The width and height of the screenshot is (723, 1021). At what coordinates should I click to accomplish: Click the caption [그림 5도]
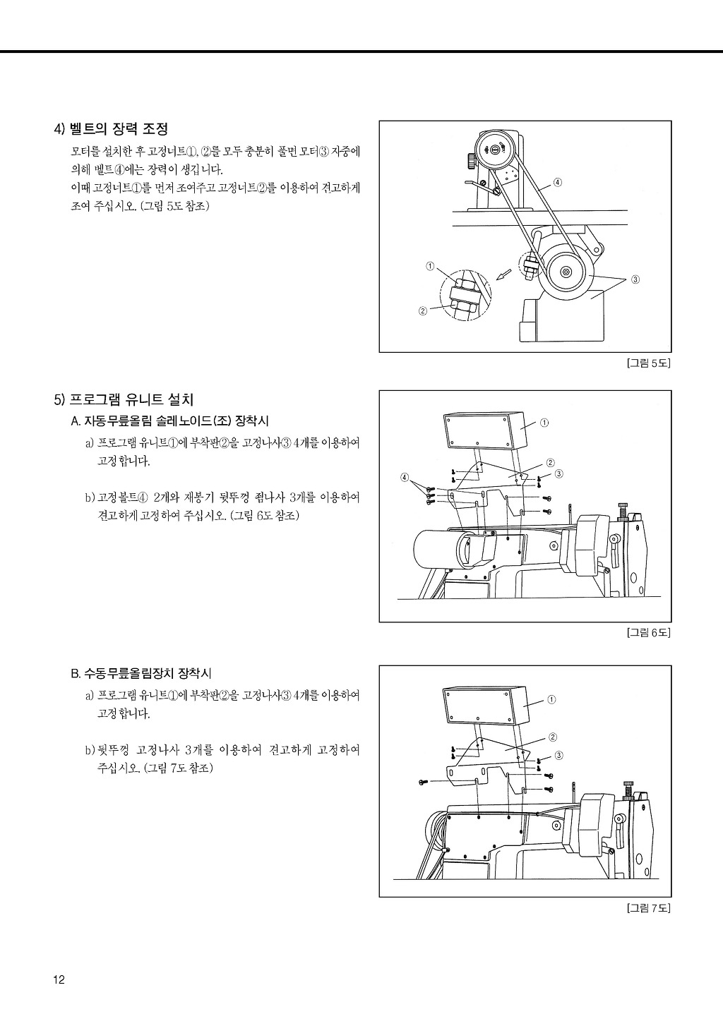[x=647, y=363]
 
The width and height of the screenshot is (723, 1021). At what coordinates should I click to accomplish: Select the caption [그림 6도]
[x=647, y=633]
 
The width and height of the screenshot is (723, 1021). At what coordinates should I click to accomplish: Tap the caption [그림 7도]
[x=647, y=908]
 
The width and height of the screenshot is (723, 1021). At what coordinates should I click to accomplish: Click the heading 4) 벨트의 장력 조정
[x=112, y=129]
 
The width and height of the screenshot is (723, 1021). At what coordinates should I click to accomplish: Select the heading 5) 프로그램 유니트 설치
[x=124, y=400]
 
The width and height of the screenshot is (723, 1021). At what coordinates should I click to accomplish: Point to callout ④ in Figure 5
[x=557, y=183]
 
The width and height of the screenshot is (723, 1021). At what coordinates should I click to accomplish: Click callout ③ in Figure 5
[x=635, y=279]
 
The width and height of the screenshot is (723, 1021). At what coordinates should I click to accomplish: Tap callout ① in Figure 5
[x=430, y=266]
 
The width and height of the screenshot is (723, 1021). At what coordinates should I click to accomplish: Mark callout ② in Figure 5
[x=423, y=311]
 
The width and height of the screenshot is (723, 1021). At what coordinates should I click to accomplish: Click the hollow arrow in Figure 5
[x=503, y=274]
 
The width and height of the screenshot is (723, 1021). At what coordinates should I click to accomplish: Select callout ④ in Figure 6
[x=404, y=477]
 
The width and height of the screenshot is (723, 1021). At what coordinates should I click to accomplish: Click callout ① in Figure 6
[x=544, y=423]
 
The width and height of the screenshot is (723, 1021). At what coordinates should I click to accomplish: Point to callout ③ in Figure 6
[x=559, y=474]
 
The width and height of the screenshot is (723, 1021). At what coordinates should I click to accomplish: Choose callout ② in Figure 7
[x=552, y=737]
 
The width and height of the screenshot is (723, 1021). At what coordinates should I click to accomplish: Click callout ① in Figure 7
[x=551, y=700]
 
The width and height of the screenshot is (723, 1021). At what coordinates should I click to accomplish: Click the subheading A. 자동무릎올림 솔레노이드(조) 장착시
[x=169, y=421]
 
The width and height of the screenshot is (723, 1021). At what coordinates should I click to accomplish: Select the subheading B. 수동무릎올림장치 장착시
[x=141, y=673]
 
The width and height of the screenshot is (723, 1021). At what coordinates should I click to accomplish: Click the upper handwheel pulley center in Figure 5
[x=493, y=149]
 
